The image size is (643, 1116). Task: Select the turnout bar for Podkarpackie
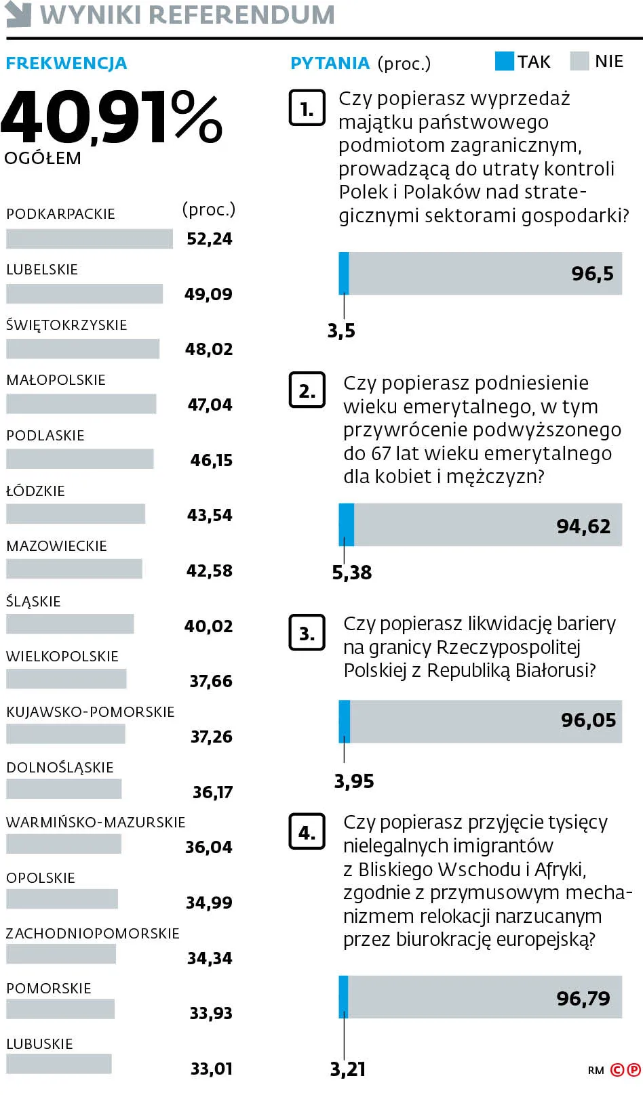[x=90, y=239]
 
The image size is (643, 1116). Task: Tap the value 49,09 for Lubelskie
[x=208, y=294]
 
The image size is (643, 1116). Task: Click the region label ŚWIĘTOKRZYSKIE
[x=66, y=325]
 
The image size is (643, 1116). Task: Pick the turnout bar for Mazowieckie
[x=74, y=569]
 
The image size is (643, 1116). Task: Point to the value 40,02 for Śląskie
[x=208, y=626]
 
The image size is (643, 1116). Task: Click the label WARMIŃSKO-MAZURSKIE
[x=96, y=823]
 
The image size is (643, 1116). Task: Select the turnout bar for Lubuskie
[x=59, y=1064]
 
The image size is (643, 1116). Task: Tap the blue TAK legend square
[x=505, y=61]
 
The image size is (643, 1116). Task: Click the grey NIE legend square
[x=580, y=61]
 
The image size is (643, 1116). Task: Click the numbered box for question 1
[x=307, y=108]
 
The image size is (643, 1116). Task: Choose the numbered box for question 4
[x=307, y=831]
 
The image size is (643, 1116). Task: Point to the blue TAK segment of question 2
[x=347, y=524]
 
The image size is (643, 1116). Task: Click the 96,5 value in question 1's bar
[x=592, y=274]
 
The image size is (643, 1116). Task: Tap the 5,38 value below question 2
[x=352, y=573]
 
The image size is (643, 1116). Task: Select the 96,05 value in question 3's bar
[x=588, y=720]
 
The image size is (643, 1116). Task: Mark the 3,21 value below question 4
[x=348, y=1069]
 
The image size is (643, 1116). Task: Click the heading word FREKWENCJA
[x=66, y=64]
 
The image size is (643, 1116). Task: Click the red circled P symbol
[x=634, y=1070]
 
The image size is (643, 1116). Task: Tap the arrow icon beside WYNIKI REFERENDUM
[x=18, y=14]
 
